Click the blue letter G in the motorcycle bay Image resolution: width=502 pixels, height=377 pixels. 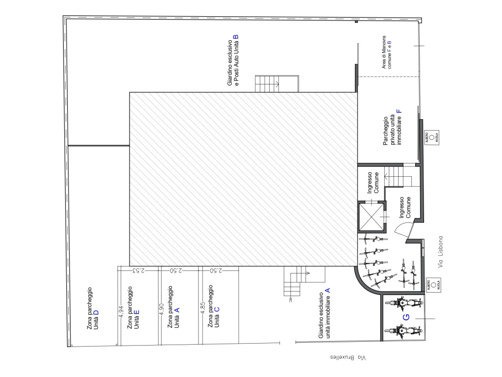[405, 318]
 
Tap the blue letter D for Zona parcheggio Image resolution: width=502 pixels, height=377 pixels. [96, 313]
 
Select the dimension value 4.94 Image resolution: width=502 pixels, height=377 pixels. [121, 312]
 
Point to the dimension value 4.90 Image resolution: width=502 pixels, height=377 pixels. [161, 310]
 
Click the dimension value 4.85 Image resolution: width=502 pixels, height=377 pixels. [202, 308]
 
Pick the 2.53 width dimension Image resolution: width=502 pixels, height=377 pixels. [138, 270]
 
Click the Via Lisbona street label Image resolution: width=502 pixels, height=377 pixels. [441, 252]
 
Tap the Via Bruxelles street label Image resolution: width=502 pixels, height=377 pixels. [348, 357]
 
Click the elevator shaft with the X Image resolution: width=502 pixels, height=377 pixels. [372, 216]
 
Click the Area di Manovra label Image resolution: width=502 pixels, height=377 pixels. [386, 52]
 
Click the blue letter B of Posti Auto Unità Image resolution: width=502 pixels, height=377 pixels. [236, 37]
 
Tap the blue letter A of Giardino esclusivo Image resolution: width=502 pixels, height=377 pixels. [327, 290]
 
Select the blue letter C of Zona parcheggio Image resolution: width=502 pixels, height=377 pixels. [217, 309]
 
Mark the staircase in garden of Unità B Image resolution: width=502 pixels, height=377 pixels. [277, 84]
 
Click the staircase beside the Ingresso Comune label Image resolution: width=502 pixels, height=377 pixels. [394, 176]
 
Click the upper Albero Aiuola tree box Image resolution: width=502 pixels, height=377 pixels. [431, 137]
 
